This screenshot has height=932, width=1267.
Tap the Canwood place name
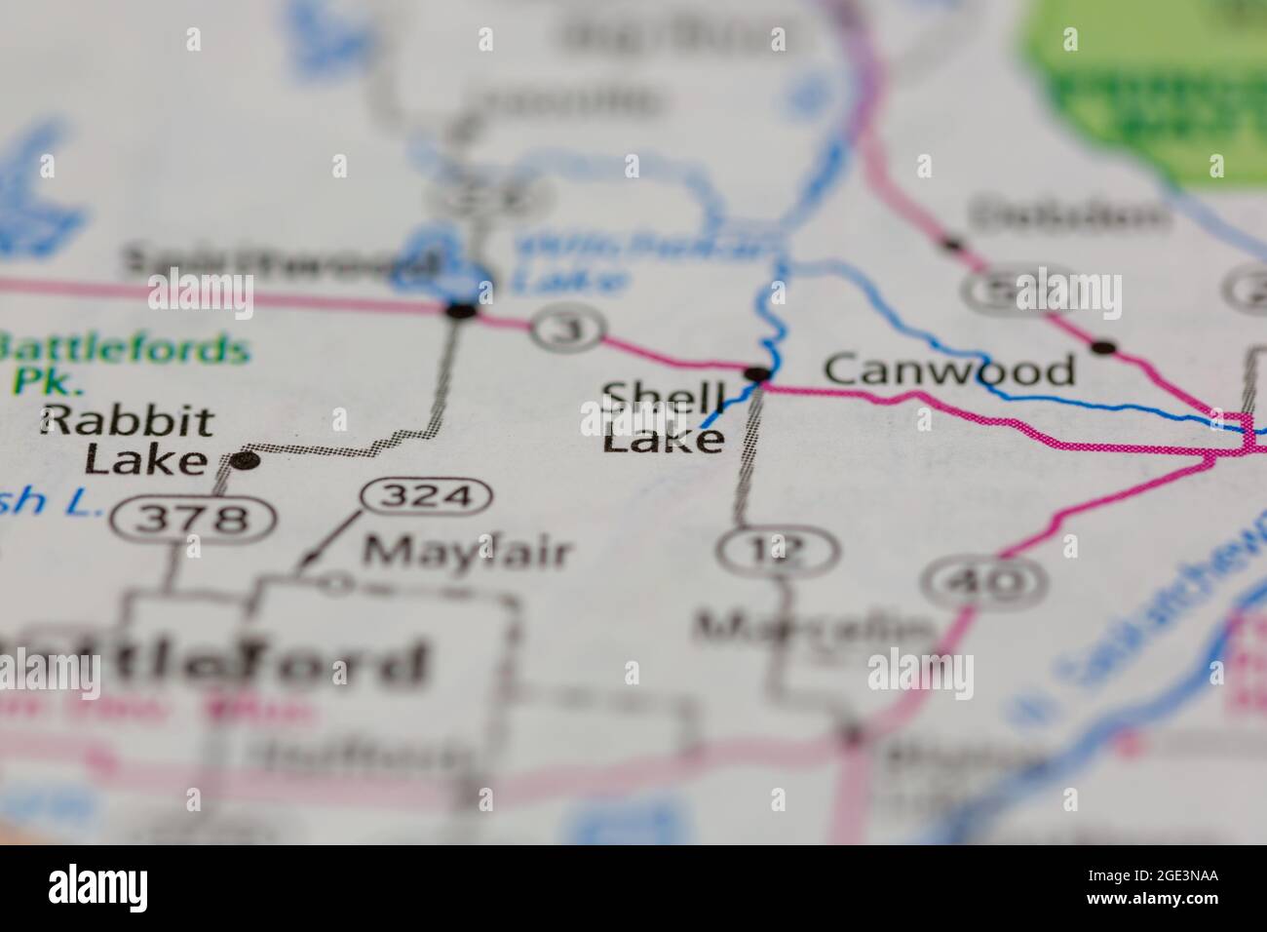[949, 370]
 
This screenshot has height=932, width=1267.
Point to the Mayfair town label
[466, 552]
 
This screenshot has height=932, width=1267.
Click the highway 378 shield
[191, 519]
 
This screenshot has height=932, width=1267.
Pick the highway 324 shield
[427, 497]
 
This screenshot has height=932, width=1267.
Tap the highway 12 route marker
[777, 552]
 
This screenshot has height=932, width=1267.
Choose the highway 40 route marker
[986, 582]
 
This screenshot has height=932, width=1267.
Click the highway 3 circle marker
[569, 330]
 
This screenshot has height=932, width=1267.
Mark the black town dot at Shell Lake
[757, 373]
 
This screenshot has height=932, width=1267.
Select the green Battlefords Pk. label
[122, 361]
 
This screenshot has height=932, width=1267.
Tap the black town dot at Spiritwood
[460, 312]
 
